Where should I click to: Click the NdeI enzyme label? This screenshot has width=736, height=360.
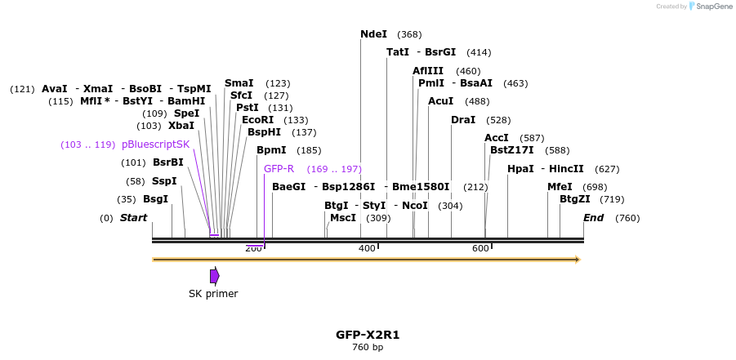[373, 34]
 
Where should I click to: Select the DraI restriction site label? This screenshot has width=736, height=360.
[463, 120]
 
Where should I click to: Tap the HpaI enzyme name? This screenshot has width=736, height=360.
[520, 169]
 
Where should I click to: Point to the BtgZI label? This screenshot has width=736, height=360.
[574, 199]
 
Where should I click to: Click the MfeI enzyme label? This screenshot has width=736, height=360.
[560, 187]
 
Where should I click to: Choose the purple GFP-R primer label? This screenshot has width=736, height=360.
[279, 169]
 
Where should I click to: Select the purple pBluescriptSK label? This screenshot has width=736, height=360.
[155, 144]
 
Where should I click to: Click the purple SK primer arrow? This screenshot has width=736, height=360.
[214, 276]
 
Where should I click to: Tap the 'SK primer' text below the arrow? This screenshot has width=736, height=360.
[213, 294]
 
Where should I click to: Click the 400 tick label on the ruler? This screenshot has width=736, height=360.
[367, 248]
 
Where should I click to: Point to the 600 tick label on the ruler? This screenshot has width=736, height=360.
[480, 248]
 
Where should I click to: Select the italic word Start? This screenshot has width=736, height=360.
[133, 218]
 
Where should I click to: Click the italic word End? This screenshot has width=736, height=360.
[593, 218]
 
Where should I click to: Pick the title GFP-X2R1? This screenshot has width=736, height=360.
[368, 335]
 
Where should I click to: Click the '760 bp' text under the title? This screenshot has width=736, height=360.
[368, 348]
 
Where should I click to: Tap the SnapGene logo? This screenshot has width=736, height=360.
[710, 7]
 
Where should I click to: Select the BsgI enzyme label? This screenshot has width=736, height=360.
[155, 199]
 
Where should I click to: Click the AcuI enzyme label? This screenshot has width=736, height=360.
[440, 101]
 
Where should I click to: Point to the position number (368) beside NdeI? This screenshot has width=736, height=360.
[409, 34]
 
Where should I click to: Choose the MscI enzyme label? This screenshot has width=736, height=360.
[343, 218]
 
